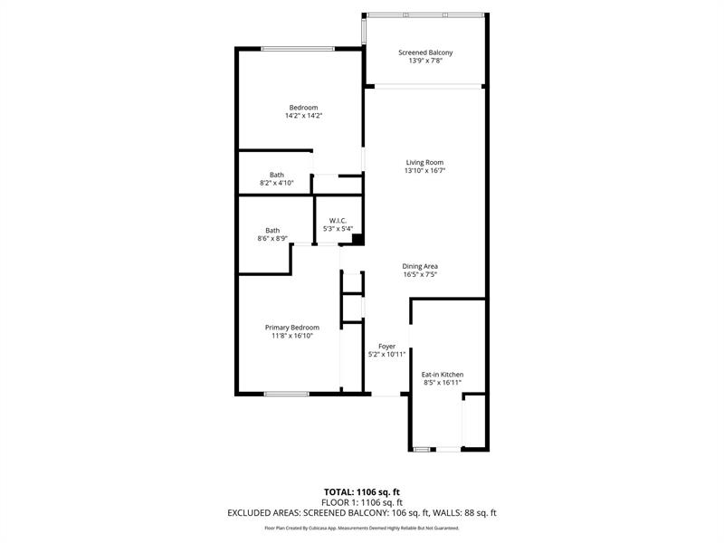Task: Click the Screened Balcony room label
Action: pos(425,52)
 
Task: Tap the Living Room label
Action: pos(424,162)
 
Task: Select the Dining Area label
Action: pos(420,266)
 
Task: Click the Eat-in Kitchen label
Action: pos(443,374)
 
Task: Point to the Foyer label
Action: pos(386,346)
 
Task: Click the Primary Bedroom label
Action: pos(291,327)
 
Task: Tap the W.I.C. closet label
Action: pos(338,220)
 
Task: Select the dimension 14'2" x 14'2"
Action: pos(303,116)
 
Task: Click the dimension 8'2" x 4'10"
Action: pos(276,183)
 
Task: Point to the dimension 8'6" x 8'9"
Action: pos(272,239)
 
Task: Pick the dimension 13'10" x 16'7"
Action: pos(424,170)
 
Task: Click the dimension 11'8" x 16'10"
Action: pos(291,336)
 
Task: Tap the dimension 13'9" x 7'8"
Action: pos(425,62)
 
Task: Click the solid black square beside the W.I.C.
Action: pos(357,240)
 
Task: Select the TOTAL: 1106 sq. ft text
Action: pos(362,492)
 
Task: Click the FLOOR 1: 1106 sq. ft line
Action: pos(362,502)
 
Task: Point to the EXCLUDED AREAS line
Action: pos(362,513)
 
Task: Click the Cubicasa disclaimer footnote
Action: pos(362,528)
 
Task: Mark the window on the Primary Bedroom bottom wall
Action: pos(287,393)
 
